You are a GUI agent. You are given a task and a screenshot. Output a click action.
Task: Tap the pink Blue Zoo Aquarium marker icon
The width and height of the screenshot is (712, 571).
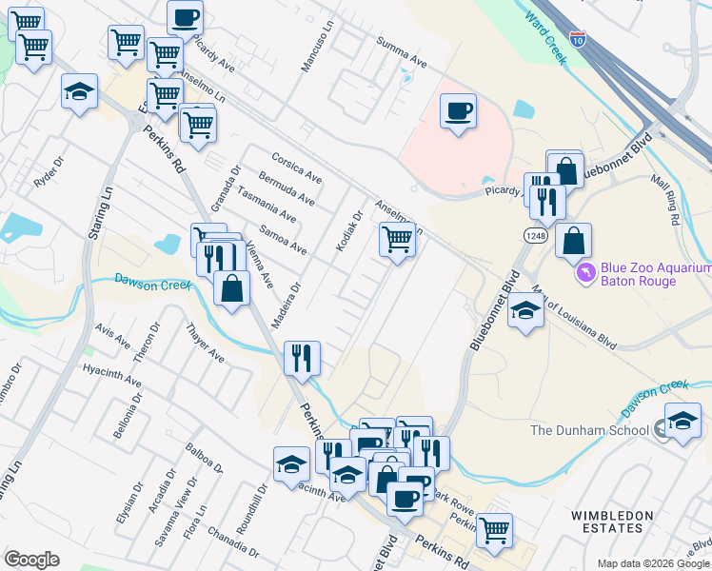click(587, 273)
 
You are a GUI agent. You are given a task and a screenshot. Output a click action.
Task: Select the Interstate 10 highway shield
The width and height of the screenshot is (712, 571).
click(579, 39)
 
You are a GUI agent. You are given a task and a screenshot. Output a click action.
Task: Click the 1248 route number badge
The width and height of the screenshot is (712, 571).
click(534, 234)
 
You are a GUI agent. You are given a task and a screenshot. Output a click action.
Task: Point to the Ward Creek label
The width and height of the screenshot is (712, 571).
click(545, 35)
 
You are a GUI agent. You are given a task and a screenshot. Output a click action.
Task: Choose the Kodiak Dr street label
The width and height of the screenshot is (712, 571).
click(349, 231)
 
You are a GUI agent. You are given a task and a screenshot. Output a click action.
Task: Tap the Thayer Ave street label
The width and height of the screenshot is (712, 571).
click(205, 343)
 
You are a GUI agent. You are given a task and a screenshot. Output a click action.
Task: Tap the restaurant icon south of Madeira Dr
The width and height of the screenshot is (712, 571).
click(302, 357)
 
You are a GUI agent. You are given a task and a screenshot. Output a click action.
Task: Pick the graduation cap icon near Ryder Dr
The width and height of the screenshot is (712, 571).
click(79, 91)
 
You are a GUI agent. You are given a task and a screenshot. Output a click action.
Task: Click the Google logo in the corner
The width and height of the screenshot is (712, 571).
click(31, 560)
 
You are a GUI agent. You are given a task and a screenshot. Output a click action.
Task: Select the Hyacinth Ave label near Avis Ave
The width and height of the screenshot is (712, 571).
click(111, 375)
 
